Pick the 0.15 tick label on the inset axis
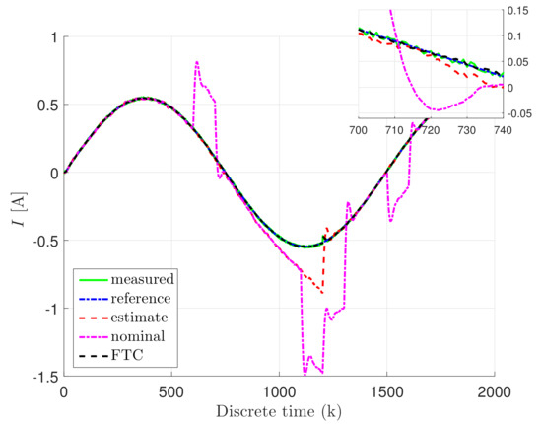click(x=530, y=11)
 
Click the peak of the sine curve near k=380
click(x=145, y=98)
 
